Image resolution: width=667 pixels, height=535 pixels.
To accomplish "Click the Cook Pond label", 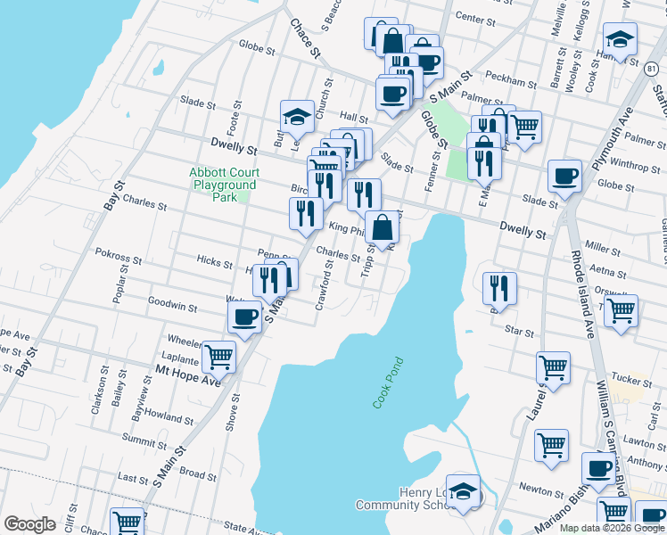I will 389,383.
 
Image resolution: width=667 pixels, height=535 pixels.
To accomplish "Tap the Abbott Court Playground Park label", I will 224,185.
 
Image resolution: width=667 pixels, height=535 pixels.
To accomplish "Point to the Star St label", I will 519,331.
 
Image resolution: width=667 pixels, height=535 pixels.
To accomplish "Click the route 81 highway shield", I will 655,68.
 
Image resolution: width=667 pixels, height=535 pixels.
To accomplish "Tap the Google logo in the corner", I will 30,524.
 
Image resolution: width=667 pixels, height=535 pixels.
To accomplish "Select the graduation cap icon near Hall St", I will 297,116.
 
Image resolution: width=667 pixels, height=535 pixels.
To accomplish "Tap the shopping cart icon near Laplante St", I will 218,357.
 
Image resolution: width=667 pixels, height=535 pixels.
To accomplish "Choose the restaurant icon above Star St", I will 498,287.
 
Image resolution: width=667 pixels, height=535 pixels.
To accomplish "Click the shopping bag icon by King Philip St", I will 382,227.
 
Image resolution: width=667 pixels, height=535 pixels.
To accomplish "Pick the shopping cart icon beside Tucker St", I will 553,366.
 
